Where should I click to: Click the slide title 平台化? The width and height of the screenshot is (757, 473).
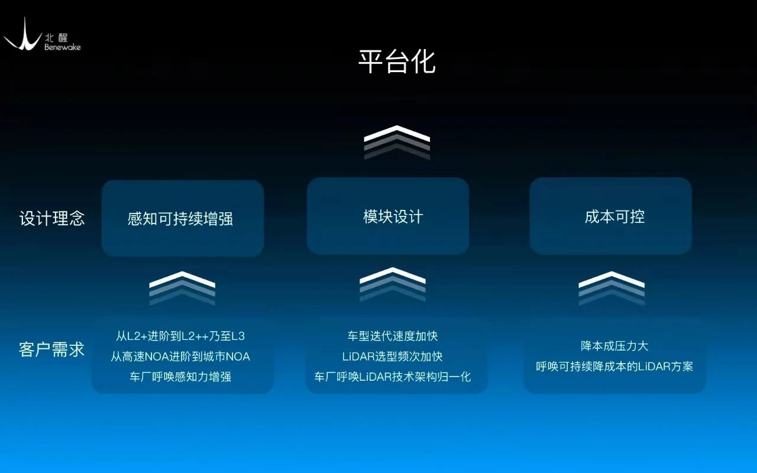tap(397, 61)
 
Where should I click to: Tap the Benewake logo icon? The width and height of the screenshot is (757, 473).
tap(22, 35)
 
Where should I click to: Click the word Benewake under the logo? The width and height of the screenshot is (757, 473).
tap(62, 47)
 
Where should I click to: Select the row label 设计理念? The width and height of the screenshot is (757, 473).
tap(52, 218)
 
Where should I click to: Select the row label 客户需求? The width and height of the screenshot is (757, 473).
tap(52, 349)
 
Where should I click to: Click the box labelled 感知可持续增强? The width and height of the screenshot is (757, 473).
tap(182, 218)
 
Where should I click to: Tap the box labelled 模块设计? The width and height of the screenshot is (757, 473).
tap(388, 216)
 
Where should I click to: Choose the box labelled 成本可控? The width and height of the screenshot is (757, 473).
tap(610, 216)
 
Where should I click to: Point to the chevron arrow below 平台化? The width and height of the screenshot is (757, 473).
tap(397, 142)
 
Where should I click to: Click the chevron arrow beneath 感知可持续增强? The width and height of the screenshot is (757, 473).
tap(182, 287)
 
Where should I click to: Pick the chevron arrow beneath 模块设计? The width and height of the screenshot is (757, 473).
tap(393, 284)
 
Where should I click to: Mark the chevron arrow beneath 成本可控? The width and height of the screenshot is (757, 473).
tap(612, 287)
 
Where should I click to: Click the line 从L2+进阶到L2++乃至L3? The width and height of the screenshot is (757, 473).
tap(180, 336)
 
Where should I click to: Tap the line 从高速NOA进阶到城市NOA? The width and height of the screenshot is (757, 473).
tap(180, 357)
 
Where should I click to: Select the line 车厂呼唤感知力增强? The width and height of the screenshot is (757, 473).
tap(180, 377)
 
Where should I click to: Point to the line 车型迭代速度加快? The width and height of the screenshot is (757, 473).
tap(393, 336)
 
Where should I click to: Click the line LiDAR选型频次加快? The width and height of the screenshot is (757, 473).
tap(393, 357)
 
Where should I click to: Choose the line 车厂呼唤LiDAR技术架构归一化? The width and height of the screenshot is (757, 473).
tap(393, 377)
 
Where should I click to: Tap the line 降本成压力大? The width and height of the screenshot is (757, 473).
tap(614, 346)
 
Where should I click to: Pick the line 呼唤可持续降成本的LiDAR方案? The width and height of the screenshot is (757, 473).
tap(614, 366)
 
